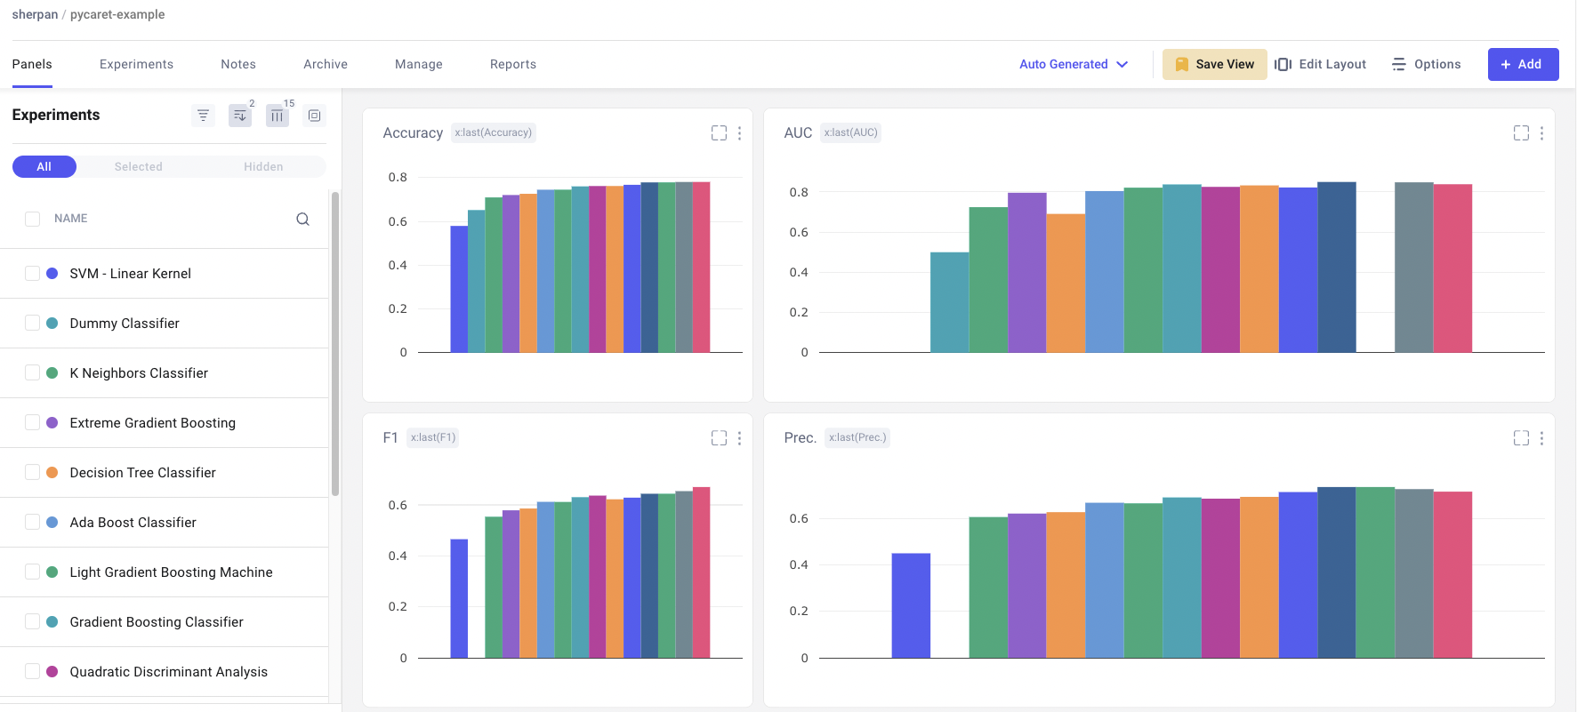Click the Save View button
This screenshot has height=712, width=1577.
(1214, 64)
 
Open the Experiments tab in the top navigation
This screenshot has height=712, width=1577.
(136, 64)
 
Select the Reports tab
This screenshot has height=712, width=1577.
(512, 64)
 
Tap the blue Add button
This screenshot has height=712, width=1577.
(1522, 64)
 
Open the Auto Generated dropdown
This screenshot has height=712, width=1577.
(1073, 64)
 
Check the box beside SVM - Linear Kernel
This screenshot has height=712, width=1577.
(33, 274)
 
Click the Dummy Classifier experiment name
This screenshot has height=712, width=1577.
(125, 324)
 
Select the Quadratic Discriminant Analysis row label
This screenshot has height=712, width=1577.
(168, 672)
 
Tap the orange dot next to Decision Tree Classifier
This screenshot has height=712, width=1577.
(52, 473)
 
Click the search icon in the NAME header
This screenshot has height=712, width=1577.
(302, 219)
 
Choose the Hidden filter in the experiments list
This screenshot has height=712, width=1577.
(263, 167)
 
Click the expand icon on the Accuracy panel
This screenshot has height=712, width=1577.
(719, 133)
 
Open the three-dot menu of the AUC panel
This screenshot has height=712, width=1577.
(1541, 133)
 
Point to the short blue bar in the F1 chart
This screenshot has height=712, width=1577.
(459, 598)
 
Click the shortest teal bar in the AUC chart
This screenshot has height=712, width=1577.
(949, 302)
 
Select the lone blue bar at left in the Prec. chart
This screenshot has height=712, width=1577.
(911, 605)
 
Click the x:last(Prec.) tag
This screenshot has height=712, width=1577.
(857, 437)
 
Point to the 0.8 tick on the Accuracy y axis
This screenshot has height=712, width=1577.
(398, 178)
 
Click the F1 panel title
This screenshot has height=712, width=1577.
(390, 437)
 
